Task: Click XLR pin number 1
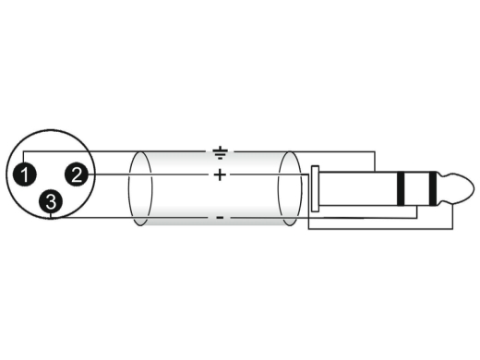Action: tap(25, 174)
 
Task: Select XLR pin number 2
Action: tap(77, 174)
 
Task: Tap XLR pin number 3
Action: tap(51, 201)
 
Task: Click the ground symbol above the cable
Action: tap(220, 152)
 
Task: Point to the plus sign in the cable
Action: tap(220, 174)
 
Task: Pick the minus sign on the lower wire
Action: tap(220, 218)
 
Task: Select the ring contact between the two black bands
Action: tap(417, 188)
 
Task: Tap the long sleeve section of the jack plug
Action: tap(358, 188)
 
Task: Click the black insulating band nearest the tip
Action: tap(433, 188)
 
